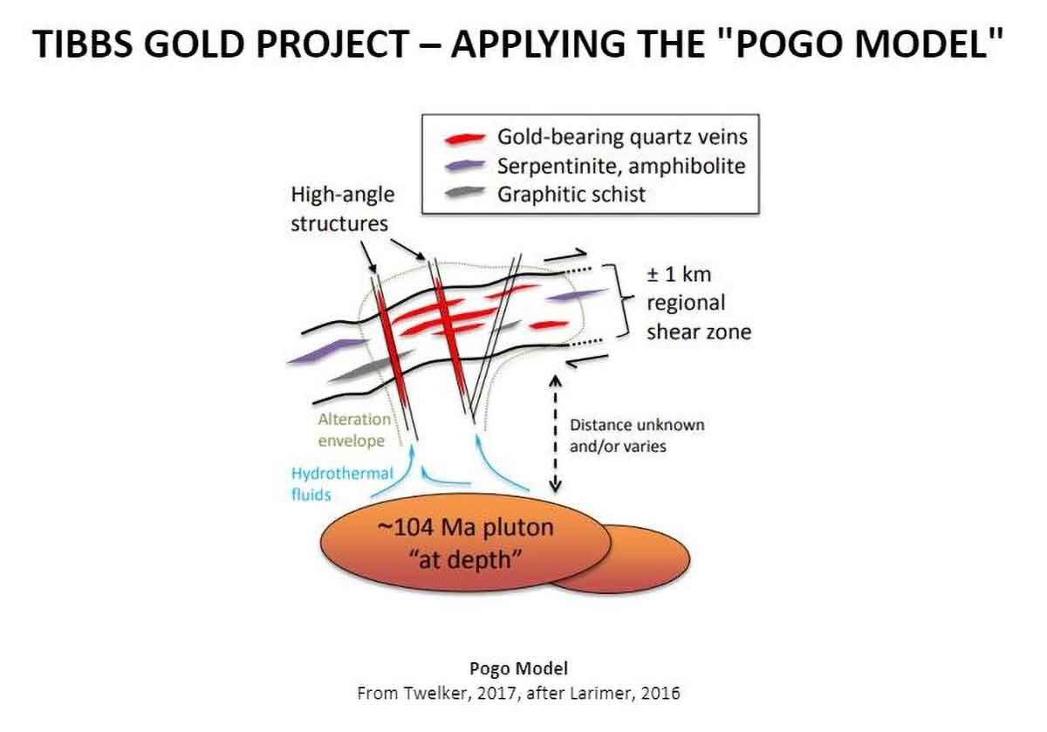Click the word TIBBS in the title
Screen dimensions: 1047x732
[x=83, y=44]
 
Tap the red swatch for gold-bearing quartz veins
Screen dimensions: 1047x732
[x=464, y=139]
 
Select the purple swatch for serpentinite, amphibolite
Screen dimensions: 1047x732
[x=464, y=166]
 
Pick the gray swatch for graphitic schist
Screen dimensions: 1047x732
[x=464, y=192]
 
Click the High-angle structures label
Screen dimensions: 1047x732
[x=343, y=209]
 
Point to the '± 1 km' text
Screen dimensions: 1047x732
[x=679, y=274]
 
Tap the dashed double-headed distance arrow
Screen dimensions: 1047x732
[x=555, y=434]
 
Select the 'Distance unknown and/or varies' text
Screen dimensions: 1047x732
[x=637, y=435]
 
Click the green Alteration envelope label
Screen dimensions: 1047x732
[x=354, y=429]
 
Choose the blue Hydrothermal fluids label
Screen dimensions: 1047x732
[x=342, y=484]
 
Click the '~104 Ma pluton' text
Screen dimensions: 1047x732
[x=465, y=527]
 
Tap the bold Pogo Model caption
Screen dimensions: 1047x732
[x=519, y=669]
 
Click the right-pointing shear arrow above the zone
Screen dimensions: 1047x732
[x=565, y=256]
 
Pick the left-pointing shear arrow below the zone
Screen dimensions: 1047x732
[x=587, y=361]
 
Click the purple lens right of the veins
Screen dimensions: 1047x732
[x=578, y=296]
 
